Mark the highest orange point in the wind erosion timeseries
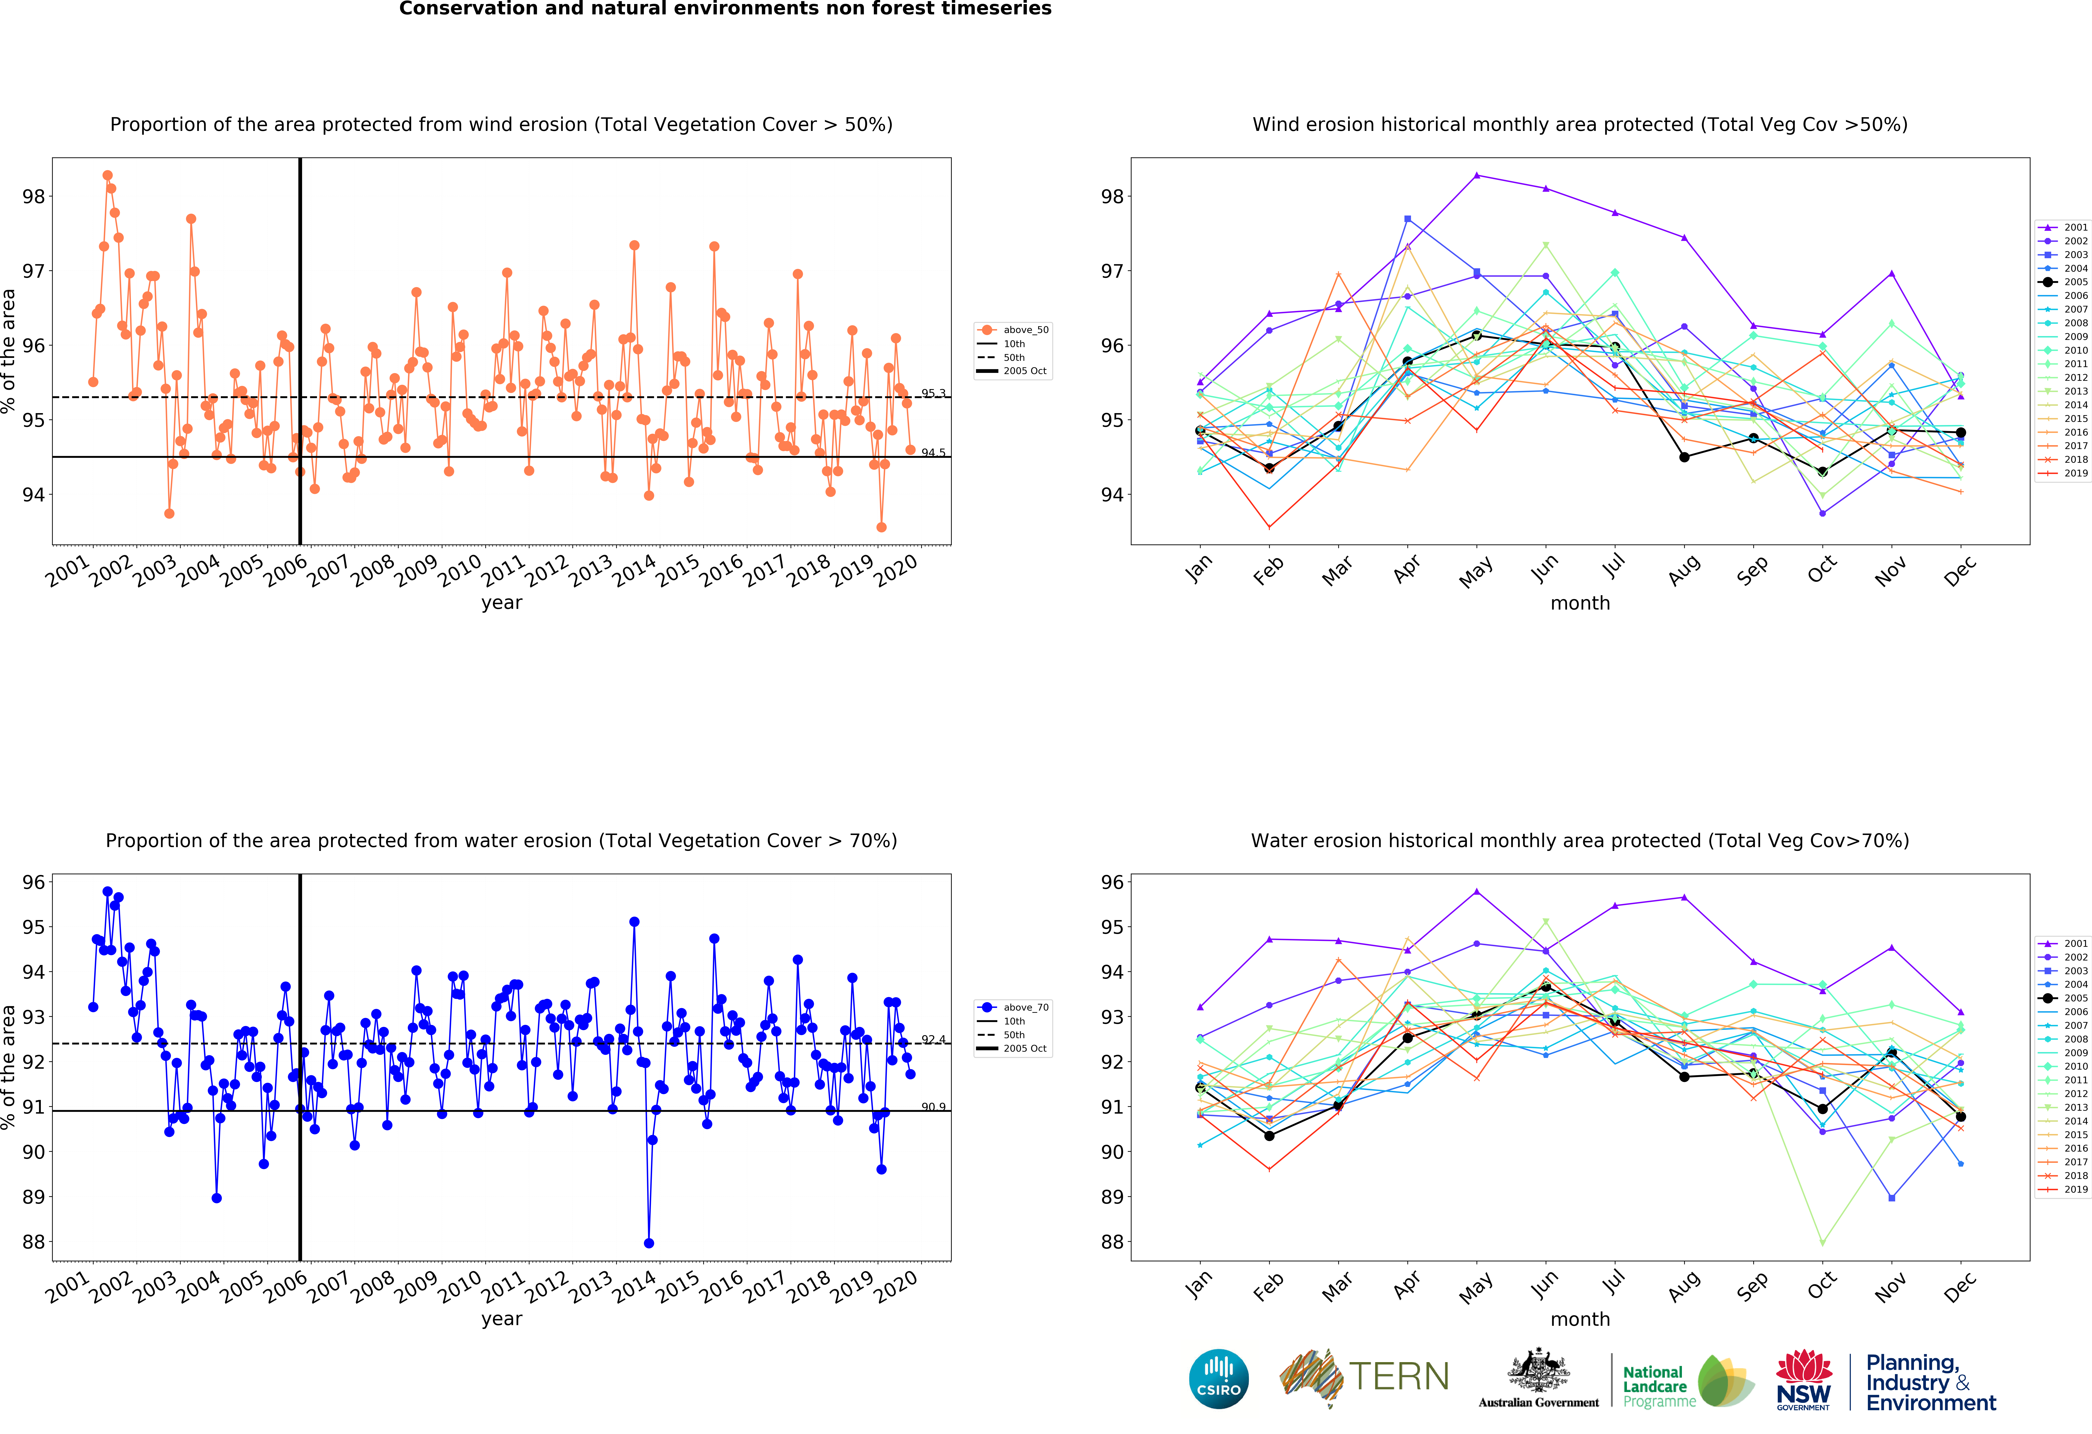(x=107, y=176)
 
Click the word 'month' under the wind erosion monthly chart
(x=1580, y=603)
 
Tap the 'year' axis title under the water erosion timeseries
(x=501, y=1319)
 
